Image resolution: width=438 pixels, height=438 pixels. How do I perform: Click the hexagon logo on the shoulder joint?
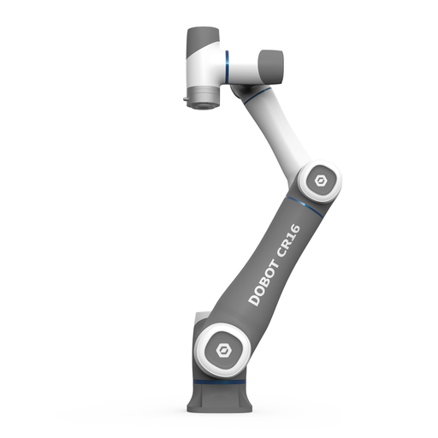coord(223,348)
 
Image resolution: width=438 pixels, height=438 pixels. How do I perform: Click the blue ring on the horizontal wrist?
coord(228,63)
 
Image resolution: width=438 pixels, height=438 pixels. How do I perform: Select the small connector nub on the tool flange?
coord(186,104)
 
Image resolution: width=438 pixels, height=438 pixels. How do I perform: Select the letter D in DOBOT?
coord(254,300)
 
